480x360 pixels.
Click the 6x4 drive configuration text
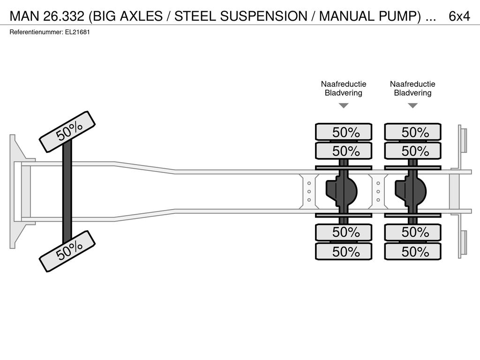(459, 16)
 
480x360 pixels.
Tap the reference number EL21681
(77, 32)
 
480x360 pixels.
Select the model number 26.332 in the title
(64, 16)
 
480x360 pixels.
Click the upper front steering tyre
(67, 132)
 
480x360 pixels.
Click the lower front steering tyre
(67, 251)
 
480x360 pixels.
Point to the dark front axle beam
(67, 191)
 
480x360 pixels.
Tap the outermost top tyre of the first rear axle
(344, 132)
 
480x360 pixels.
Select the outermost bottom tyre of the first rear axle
(344, 252)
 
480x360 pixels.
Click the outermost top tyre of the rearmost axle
(412, 132)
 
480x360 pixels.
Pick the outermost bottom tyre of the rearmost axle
(412, 252)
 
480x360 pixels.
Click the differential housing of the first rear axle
(342, 192)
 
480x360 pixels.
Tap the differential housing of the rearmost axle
(411, 192)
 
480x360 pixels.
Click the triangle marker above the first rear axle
(344, 105)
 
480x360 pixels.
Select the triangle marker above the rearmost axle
(413, 105)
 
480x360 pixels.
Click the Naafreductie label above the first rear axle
(344, 84)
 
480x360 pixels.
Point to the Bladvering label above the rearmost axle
(412, 93)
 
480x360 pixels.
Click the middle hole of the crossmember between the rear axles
(378, 192)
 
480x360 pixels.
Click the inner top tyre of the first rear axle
(344, 150)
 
